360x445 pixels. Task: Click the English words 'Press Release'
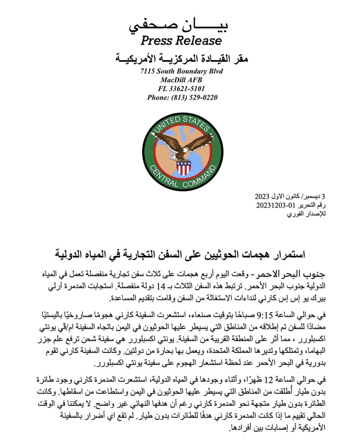(181, 40)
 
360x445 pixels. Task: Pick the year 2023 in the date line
(262, 196)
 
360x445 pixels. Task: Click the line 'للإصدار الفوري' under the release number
(306, 214)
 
